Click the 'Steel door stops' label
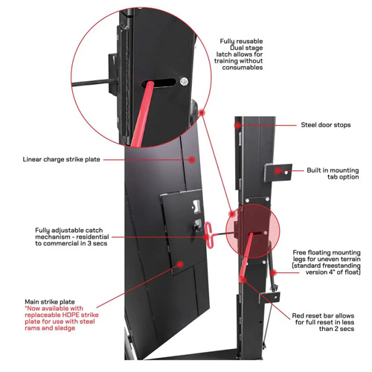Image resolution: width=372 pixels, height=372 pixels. point(326,125)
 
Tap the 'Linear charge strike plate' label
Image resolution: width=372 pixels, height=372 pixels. point(62,159)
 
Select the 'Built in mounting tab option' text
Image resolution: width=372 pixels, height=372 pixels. point(333,173)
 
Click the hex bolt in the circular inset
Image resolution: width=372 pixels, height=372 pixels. point(184,81)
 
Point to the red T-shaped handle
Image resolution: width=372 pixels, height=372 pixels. point(208,235)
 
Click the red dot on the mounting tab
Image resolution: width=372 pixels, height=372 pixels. point(278,170)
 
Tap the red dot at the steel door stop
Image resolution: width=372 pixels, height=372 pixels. point(238,125)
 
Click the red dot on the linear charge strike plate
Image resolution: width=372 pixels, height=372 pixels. point(191,159)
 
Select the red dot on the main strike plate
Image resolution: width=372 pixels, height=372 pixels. point(180,264)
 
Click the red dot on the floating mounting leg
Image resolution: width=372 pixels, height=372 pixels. point(273,272)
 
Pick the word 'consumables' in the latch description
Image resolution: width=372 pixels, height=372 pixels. point(243,68)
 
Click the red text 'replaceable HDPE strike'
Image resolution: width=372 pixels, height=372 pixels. point(62,315)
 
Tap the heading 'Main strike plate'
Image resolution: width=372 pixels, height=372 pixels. point(50,302)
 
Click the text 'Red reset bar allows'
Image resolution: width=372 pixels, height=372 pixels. point(323,315)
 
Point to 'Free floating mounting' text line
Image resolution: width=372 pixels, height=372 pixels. point(327,253)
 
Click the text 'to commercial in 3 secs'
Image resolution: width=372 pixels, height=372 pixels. point(71,243)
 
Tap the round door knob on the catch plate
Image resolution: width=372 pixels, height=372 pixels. point(197,228)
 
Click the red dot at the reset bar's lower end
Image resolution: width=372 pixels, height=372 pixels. point(243,280)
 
